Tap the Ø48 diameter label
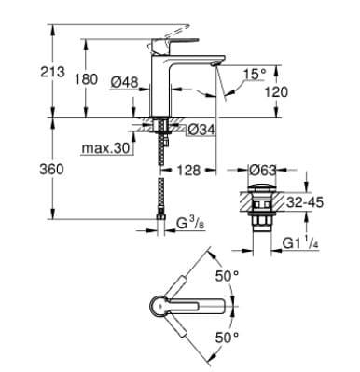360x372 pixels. tap(123, 83)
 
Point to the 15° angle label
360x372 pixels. tap(255, 73)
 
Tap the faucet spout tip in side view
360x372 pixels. tap(216, 62)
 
